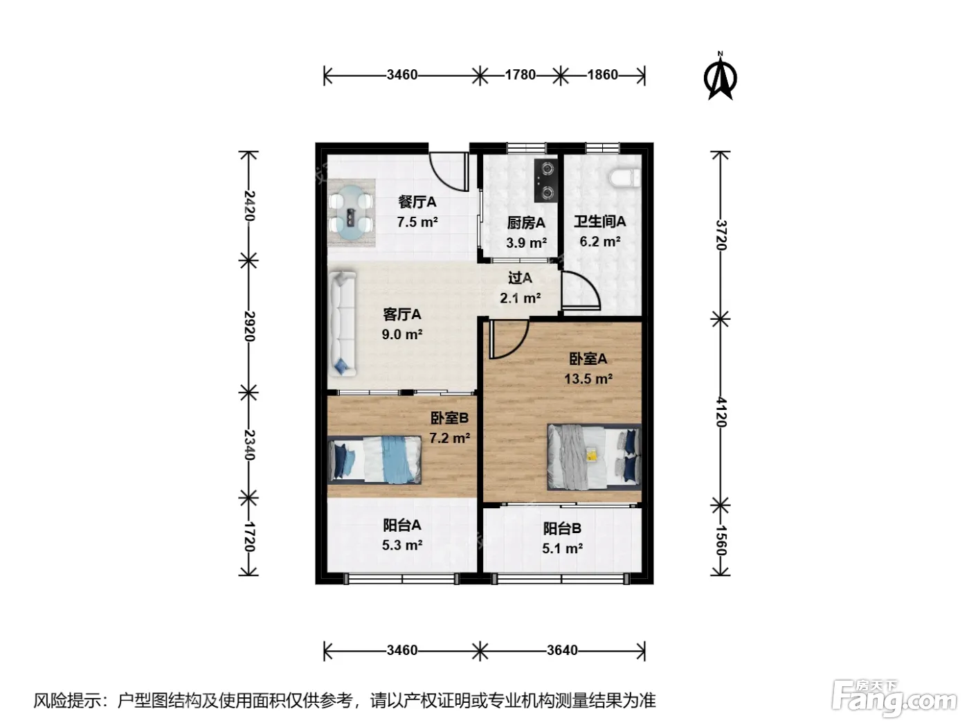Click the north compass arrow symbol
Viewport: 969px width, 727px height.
click(720, 76)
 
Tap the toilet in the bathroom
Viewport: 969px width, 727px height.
click(625, 178)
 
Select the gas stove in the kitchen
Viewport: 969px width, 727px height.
click(546, 181)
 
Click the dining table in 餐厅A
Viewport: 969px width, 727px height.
click(352, 213)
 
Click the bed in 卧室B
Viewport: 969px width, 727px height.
click(375, 460)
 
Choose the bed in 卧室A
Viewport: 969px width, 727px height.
click(594, 457)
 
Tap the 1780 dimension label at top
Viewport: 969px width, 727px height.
click(520, 75)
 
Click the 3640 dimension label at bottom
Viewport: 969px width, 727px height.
click(562, 650)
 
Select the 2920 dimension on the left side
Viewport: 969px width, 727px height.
click(249, 326)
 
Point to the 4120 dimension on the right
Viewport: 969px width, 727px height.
click(721, 412)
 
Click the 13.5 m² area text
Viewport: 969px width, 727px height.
click(588, 379)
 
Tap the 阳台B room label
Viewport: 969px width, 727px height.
click(562, 528)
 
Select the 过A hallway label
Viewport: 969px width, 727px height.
click(520, 278)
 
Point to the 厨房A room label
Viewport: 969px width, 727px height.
click(526, 223)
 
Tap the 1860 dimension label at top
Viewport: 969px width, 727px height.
click(603, 75)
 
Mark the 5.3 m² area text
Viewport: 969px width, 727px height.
click(401, 545)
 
